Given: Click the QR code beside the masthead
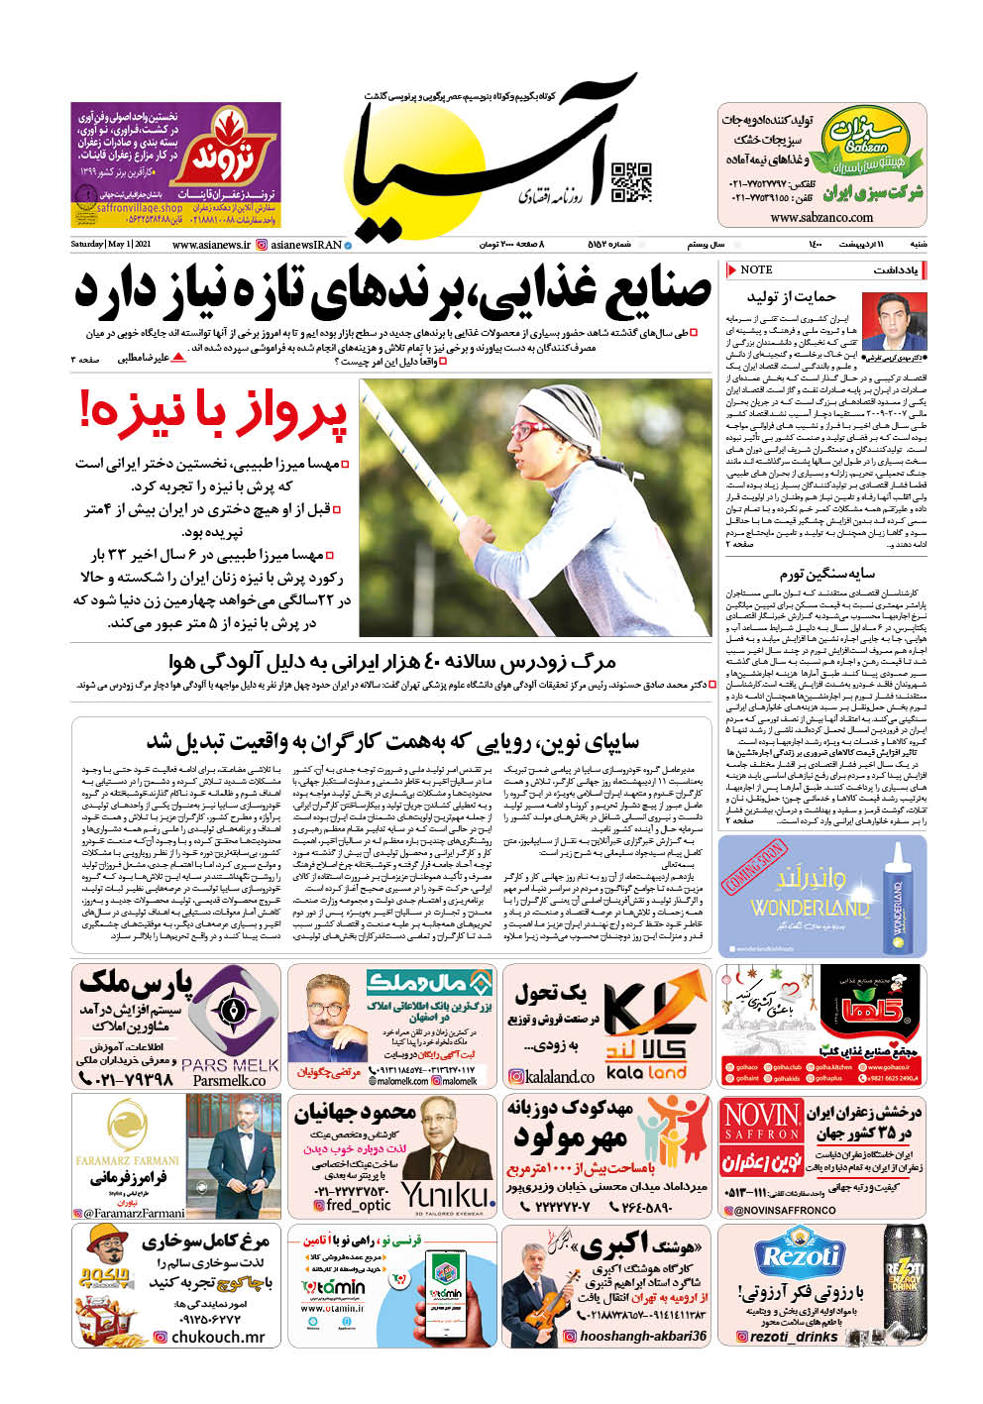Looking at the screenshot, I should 631,182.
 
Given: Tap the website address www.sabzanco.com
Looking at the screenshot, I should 821,217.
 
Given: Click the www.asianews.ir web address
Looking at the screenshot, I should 210,245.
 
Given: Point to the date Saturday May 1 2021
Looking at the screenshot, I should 110,245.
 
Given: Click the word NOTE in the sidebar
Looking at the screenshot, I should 756,270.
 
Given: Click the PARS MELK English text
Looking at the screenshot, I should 230,1065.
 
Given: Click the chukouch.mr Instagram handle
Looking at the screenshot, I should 217,1337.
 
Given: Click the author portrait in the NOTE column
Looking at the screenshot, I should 894,320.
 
